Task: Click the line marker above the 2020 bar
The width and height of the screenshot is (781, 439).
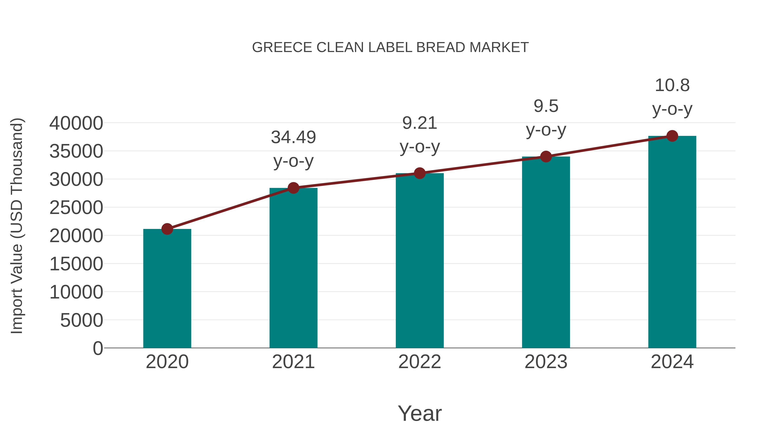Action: click(x=167, y=229)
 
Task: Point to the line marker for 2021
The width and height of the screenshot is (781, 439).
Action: click(x=294, y=188)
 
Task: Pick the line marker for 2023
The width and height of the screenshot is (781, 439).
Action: click(x=546, y=157)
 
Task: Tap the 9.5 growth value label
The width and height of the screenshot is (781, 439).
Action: click(x=546, y=106)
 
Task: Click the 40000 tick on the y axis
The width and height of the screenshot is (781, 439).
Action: click(x=76, y=123)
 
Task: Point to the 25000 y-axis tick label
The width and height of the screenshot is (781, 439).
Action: click(x=76, y=208)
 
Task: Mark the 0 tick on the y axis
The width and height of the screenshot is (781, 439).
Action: click(x=98, y=348)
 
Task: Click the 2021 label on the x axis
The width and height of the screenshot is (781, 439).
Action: click(x=294, y=362)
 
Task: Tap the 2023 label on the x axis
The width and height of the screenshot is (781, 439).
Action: click(x=546, y=362)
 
